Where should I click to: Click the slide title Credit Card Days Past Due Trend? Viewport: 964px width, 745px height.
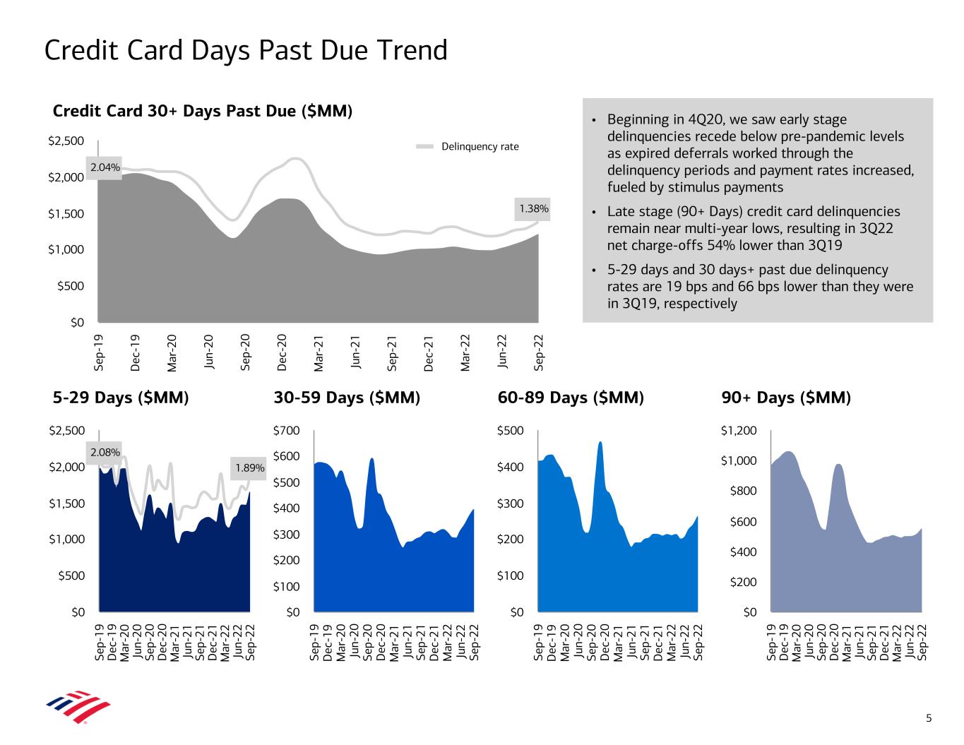[x=246, y=51]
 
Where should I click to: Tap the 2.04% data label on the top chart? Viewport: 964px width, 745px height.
[x=104, y=167]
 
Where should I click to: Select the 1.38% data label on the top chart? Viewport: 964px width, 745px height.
[x=533, y=208]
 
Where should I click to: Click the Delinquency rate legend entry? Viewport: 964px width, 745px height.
[x=480, y=147]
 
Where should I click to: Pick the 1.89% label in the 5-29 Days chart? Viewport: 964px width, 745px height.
[x=249, y=467]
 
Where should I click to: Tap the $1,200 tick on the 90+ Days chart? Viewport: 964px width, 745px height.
[x=738, y=431]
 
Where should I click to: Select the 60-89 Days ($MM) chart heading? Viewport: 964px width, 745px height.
[x=571, y=398]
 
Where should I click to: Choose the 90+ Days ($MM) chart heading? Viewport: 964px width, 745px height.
[x=786, y=398]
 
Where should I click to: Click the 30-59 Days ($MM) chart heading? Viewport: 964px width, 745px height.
[x=347, y=398]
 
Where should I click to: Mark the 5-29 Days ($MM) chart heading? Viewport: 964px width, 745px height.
[x=121, y=398]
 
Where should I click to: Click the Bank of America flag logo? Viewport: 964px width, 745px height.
[x=78, y=707]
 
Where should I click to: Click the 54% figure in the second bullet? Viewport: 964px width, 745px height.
[x=719, y=246]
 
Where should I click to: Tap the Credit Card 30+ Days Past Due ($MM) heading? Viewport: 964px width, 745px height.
[x=203, y=111]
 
